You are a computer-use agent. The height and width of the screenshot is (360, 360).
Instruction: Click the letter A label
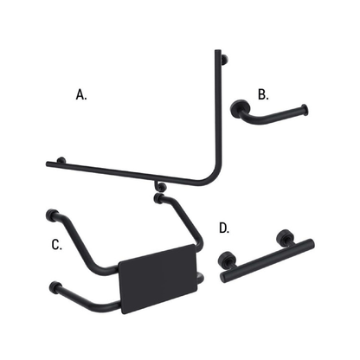click(82, 95)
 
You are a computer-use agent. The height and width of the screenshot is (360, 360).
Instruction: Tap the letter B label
click(263, 93)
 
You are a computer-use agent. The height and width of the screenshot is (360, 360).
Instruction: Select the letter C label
click(56, 245)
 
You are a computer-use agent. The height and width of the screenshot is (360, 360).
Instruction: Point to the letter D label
click(224, 228)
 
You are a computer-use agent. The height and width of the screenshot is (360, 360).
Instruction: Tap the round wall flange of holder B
click(239, 110)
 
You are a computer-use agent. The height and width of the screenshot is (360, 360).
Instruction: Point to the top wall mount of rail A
click(224, 59)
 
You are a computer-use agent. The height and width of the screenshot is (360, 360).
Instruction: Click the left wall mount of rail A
click(60, 160)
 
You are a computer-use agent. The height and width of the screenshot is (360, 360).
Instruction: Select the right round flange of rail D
click(284, 238)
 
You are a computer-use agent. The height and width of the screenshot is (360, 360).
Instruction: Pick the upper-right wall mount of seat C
click(158, 198)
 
